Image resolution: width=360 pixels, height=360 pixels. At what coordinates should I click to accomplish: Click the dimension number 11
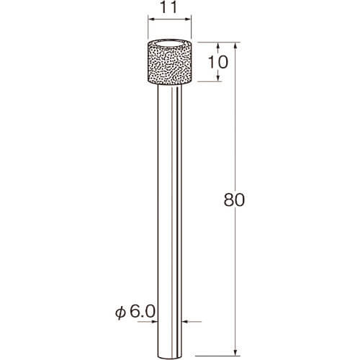(168, 7)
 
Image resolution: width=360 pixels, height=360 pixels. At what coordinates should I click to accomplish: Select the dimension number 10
(217, 62)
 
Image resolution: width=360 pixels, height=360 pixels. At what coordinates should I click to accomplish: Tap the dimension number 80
(234, 199)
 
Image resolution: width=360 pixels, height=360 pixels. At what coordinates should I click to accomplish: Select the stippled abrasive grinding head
(169, 63)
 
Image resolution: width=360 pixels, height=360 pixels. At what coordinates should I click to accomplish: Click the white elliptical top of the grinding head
(169, 44)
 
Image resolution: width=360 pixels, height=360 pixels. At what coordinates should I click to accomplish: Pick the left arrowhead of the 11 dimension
(151, 19)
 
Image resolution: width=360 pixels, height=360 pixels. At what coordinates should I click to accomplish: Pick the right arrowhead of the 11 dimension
(188, 19)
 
